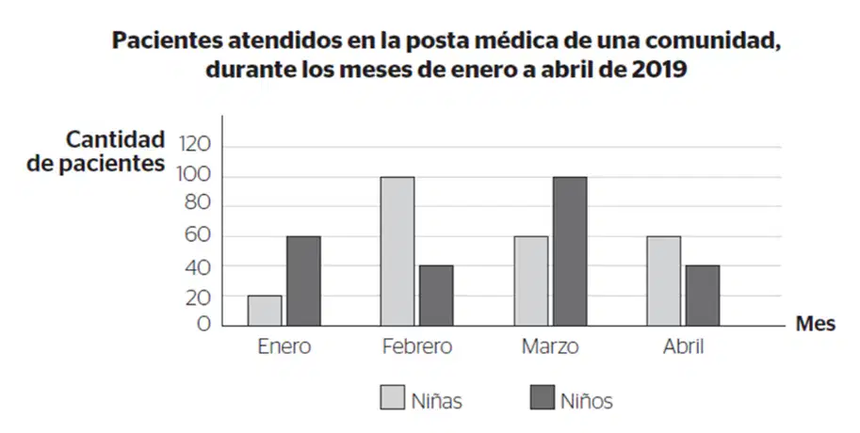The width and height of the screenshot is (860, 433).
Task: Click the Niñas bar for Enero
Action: coord(265,311)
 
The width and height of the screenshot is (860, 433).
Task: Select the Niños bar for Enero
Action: coord(303,281)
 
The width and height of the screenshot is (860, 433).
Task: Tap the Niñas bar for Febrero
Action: coord(398,251)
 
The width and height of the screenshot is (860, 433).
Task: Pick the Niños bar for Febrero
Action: coord(436,296)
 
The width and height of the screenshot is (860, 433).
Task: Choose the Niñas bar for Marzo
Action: coord(531,281)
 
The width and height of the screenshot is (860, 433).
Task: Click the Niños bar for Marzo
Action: coord(570,251)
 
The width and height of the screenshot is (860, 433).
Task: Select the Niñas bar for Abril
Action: coord(664,281)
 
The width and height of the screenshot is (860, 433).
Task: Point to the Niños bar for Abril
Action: coord(703,296)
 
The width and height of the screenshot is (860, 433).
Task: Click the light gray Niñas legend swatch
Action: coord(393,397)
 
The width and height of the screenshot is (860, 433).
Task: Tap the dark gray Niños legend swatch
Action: coord(543,397)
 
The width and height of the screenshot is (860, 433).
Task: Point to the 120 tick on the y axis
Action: coord(195,145)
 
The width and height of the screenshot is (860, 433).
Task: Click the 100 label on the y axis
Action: coord(194,175)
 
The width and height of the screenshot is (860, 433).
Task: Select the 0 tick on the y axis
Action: coord(204,324)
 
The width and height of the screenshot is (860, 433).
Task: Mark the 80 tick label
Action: coord(197,204)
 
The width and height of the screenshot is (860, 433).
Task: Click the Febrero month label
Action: coord(417,347)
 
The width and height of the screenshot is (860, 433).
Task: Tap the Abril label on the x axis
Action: coord(684,347)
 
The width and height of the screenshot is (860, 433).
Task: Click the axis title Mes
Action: coord(816,324)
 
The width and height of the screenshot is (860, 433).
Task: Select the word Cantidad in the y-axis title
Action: coord(115,139)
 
